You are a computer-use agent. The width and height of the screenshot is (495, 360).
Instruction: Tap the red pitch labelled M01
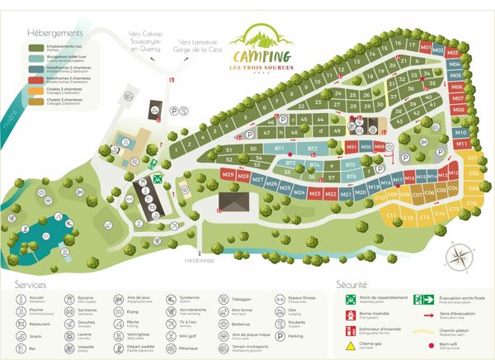[427, 48]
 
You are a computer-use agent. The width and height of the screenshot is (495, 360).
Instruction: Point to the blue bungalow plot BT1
[280, 149]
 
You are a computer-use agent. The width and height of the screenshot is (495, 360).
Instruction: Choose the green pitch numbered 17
[399, 45]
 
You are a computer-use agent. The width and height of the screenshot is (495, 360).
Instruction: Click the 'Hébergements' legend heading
[54, 32]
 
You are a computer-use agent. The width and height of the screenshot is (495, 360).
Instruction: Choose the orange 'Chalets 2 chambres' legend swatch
[31, 91]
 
